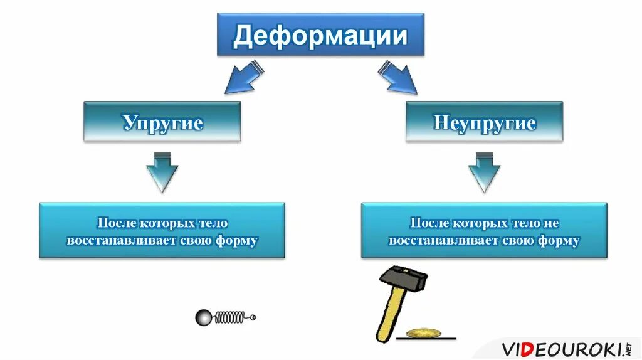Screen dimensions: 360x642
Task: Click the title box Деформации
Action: (320, 35)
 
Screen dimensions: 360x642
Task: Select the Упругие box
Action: (162, 122)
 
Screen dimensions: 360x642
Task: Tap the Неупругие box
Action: (484, 122)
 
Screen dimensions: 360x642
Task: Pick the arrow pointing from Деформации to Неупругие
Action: (397, 77)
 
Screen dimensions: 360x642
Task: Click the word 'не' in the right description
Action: (552, 223)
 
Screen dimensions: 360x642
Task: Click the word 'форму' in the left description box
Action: (238, 241)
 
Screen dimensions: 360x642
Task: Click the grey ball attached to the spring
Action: (204, 317)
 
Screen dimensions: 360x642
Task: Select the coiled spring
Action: (229, 317)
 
